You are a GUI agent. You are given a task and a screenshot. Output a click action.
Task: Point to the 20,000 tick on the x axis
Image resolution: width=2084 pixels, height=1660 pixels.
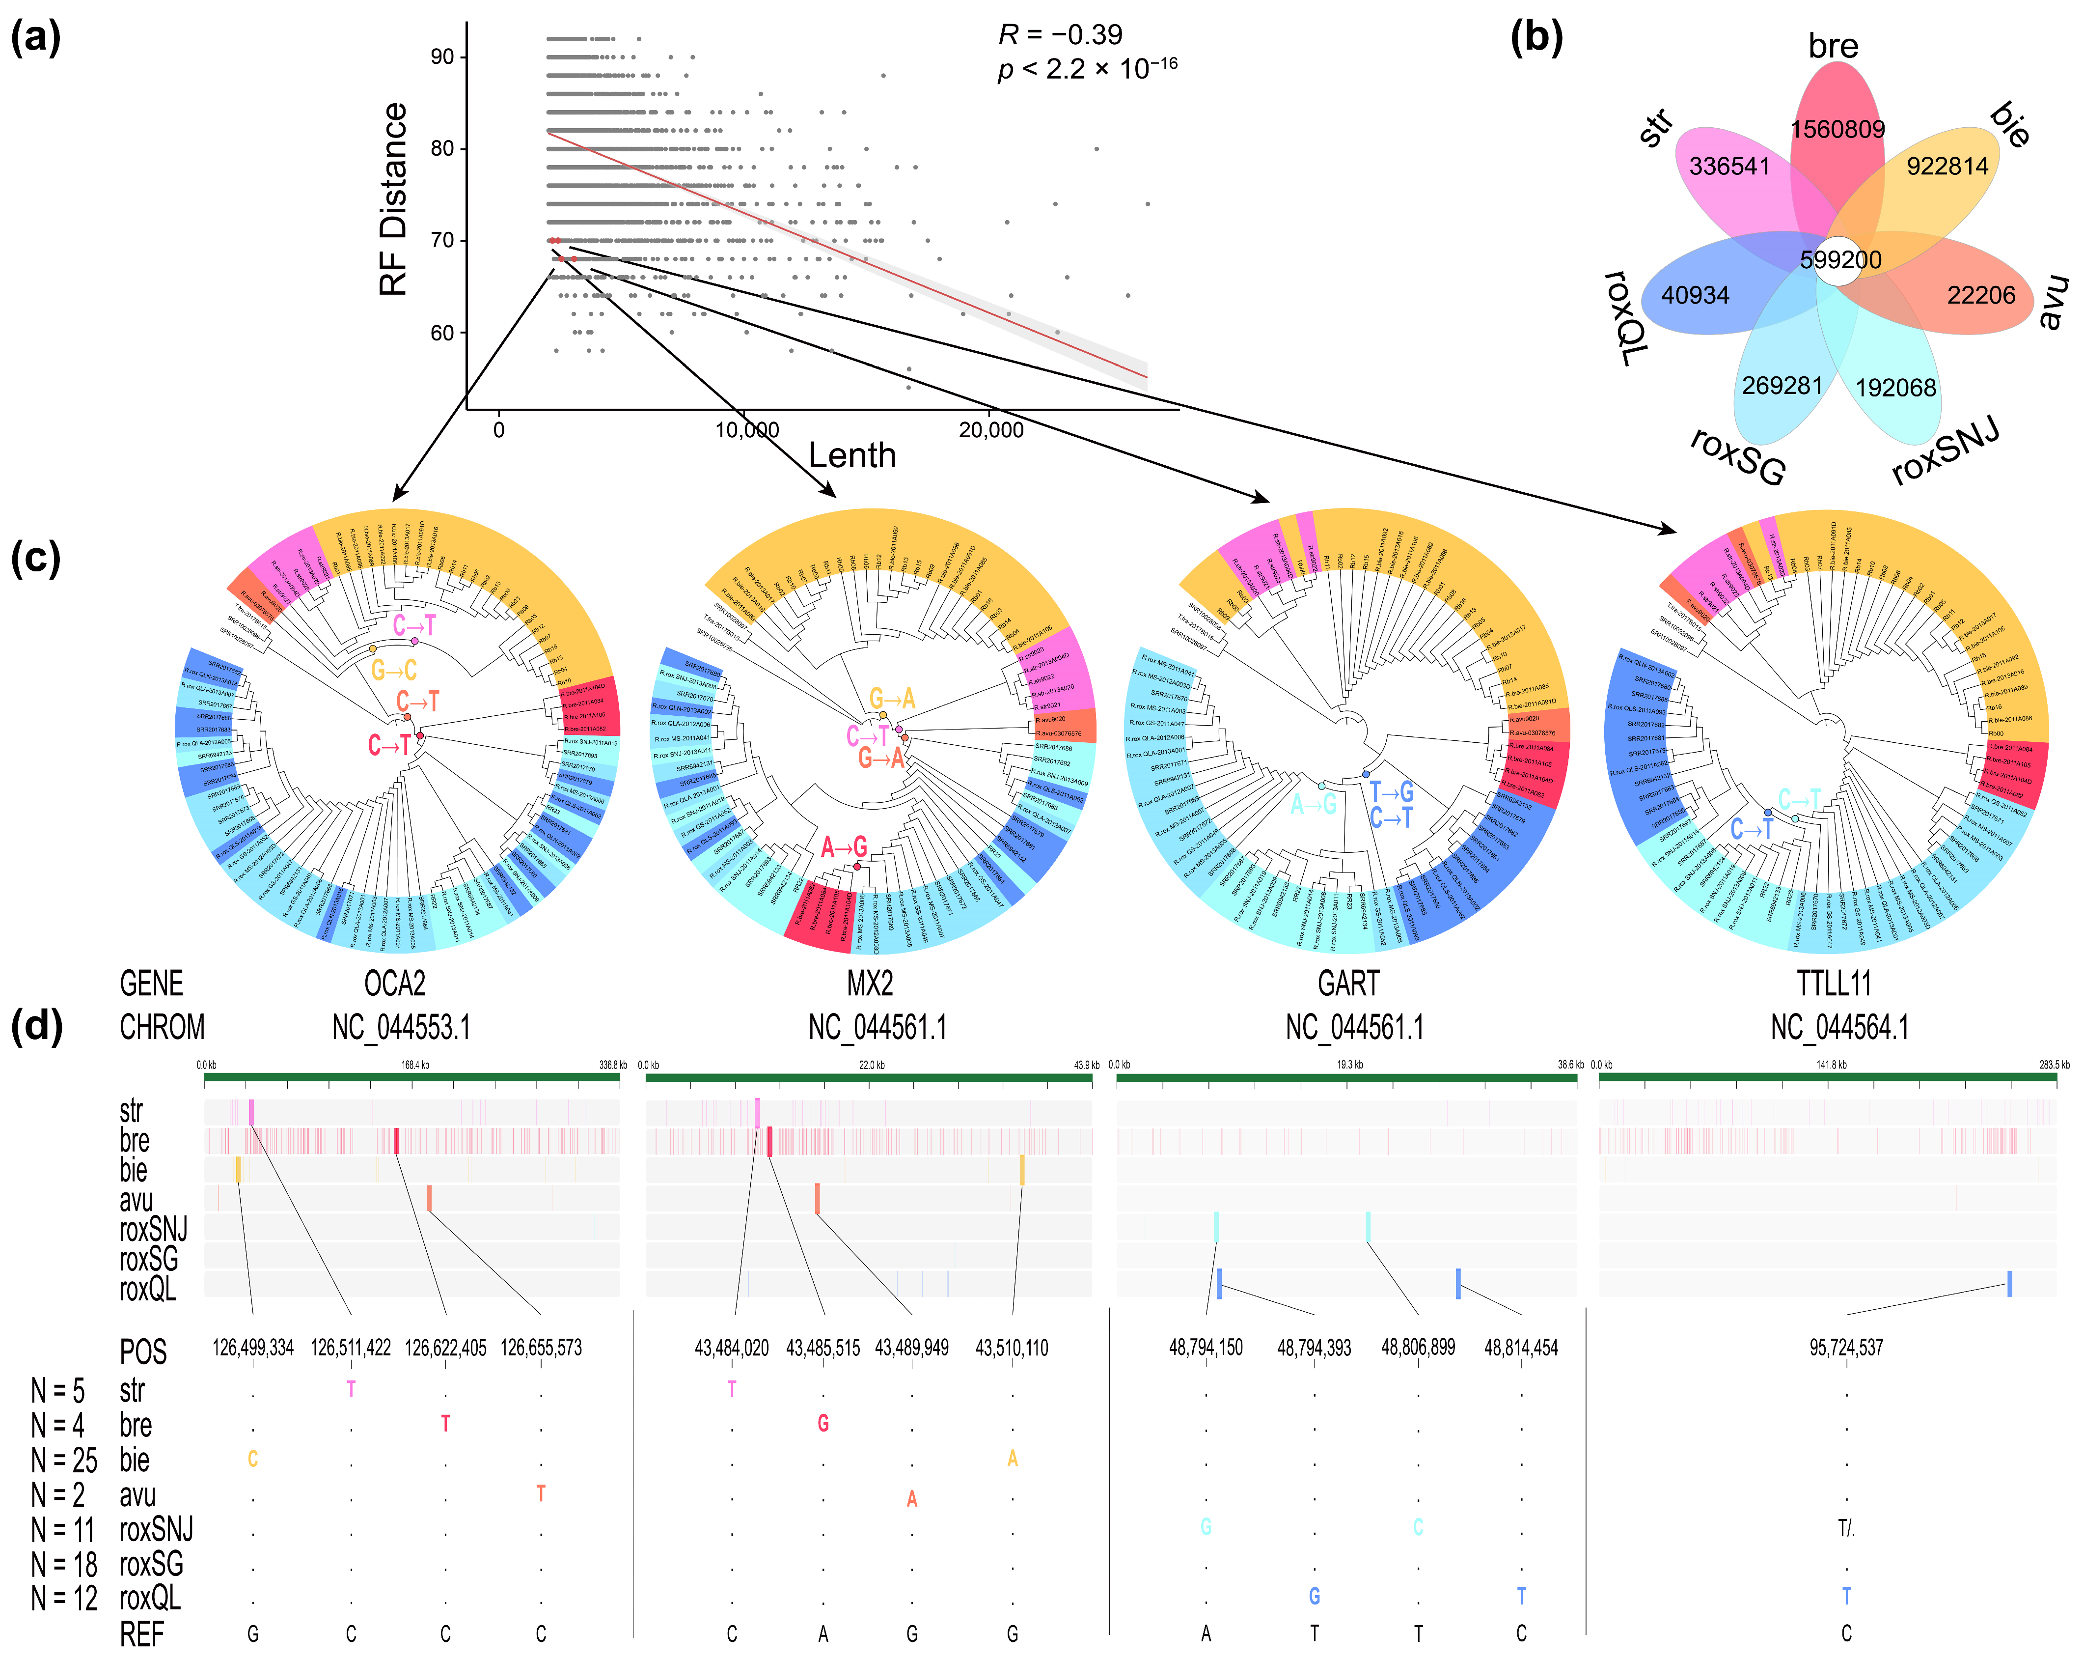pyautogui.click(x=991, y=430)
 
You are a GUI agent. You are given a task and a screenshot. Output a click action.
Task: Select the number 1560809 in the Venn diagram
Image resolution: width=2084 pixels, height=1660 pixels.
pyautogui.click(x=1837, y=130)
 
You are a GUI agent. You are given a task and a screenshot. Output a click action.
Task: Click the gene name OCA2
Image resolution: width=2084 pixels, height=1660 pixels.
pyautogui.click(x=394, y=983)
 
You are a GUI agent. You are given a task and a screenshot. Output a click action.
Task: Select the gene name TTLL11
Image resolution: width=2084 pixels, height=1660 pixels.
pyautogui.click(x=1834, y=983)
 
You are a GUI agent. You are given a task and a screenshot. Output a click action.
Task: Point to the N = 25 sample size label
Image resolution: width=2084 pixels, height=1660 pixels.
pyautogui.click(x=64, y=1460)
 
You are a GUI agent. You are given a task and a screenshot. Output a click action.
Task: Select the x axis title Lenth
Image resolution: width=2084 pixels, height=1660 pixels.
pyautogui.click(x=851, y=455)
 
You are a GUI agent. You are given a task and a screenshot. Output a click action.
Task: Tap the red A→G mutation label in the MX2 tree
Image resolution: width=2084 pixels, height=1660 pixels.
pyautogui.click(x=844, y=848)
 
